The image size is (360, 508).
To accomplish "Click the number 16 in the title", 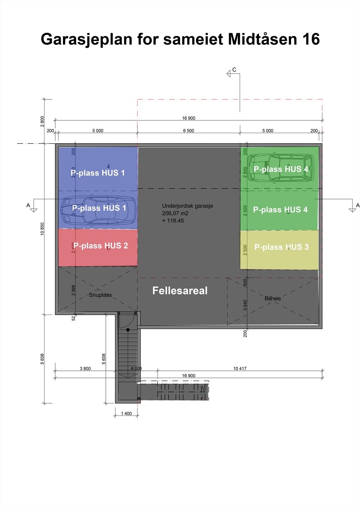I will point(311,39).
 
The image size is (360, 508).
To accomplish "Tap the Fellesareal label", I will point(180,291).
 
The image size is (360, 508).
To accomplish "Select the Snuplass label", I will point(100,295).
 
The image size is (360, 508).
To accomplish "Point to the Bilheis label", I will point(273,298).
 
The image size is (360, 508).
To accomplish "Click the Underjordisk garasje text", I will point(187,206).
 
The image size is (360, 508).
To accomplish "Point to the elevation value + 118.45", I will point(173,221).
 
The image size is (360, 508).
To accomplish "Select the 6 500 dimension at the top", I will point(188,130).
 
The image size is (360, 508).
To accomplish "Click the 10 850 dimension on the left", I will point(43,229).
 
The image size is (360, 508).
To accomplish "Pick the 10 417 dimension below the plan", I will point(240,369).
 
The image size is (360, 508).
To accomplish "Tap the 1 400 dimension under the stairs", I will point(126,413).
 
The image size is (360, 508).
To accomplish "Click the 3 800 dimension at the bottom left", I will point(85,369).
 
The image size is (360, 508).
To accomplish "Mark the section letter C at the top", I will point(234,70).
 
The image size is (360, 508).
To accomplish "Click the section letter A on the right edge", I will point(358,205).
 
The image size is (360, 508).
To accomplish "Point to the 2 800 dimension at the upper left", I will point(43,121).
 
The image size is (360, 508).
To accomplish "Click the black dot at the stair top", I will point(128,330).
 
